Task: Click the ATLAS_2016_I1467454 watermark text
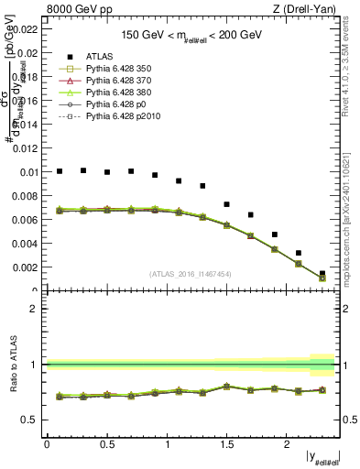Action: [191, 273]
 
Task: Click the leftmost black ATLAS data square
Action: [60, 170]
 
